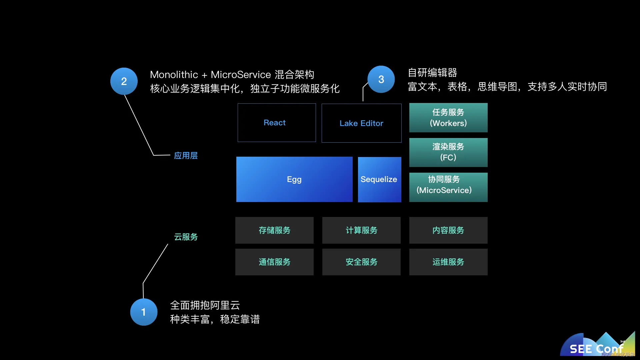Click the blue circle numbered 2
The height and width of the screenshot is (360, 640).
[124, 81]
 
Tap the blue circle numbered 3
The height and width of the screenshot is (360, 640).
[381, 79]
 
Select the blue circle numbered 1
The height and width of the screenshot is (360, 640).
[144, 312]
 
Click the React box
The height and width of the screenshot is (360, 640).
[276, 123]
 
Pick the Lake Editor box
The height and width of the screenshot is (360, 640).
[361, 123]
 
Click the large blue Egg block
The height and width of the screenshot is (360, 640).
[294, 179]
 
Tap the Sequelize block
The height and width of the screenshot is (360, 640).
[379, 179]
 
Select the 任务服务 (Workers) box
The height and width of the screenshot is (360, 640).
[448, 118]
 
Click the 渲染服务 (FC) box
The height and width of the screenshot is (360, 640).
[448, 152]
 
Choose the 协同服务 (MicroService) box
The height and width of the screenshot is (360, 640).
[448, 187]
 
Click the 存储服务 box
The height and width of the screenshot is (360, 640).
[274, 230]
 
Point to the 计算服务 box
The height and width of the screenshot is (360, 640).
[361, 230]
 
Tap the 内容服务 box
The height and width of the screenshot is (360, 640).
[448, 230]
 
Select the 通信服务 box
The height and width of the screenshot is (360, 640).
[274, 262]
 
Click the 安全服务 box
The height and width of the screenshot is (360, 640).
[361, 262]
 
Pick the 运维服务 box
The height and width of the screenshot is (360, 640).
[448, 262]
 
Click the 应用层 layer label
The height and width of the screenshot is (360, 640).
[186, 156]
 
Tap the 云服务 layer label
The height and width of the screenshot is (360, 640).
[186, 237]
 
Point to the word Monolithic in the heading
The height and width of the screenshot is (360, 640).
[174, 75]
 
